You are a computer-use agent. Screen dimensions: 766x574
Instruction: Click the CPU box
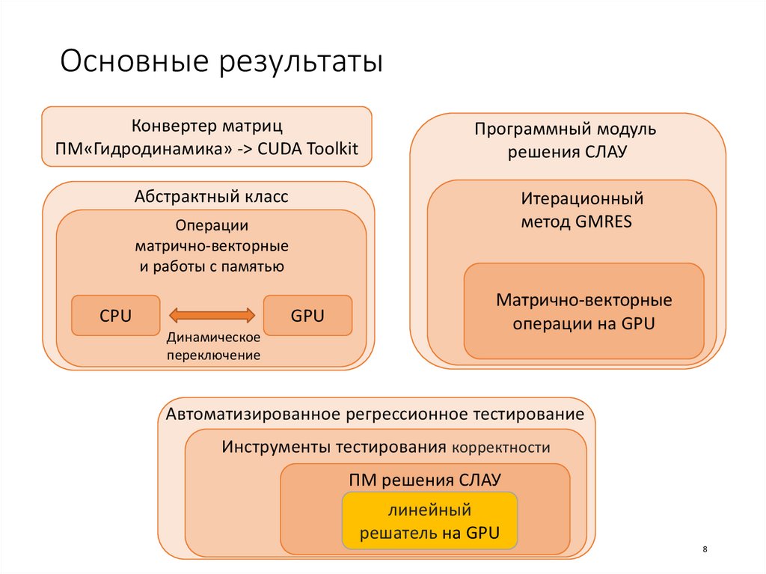pos(115,316)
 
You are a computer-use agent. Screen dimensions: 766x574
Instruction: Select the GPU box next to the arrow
pos(307,316)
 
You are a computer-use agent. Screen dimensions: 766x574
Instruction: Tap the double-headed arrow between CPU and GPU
pos(212,315)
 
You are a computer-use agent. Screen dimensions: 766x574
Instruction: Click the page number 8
pos(705,550)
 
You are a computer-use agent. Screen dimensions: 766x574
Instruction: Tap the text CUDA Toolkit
pos(308,148)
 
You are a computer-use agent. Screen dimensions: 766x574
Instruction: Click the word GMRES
pos(604,222)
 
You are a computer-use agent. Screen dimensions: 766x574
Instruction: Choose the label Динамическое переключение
pos(213,346)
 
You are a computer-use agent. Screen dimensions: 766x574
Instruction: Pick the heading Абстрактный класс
pos(212,197)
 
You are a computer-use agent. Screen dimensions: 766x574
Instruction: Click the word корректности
pos(500,448)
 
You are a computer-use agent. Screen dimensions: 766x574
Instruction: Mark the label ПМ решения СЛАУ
pos(425,479)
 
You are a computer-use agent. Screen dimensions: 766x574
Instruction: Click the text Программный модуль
pos(566,129)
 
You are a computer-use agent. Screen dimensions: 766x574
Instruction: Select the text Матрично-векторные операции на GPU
pos(583,312)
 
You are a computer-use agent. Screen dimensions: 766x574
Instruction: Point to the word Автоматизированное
pos(254,414)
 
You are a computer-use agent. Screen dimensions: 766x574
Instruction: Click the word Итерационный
pos(582,200)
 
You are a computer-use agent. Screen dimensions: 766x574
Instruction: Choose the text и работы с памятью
pos(212,266)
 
